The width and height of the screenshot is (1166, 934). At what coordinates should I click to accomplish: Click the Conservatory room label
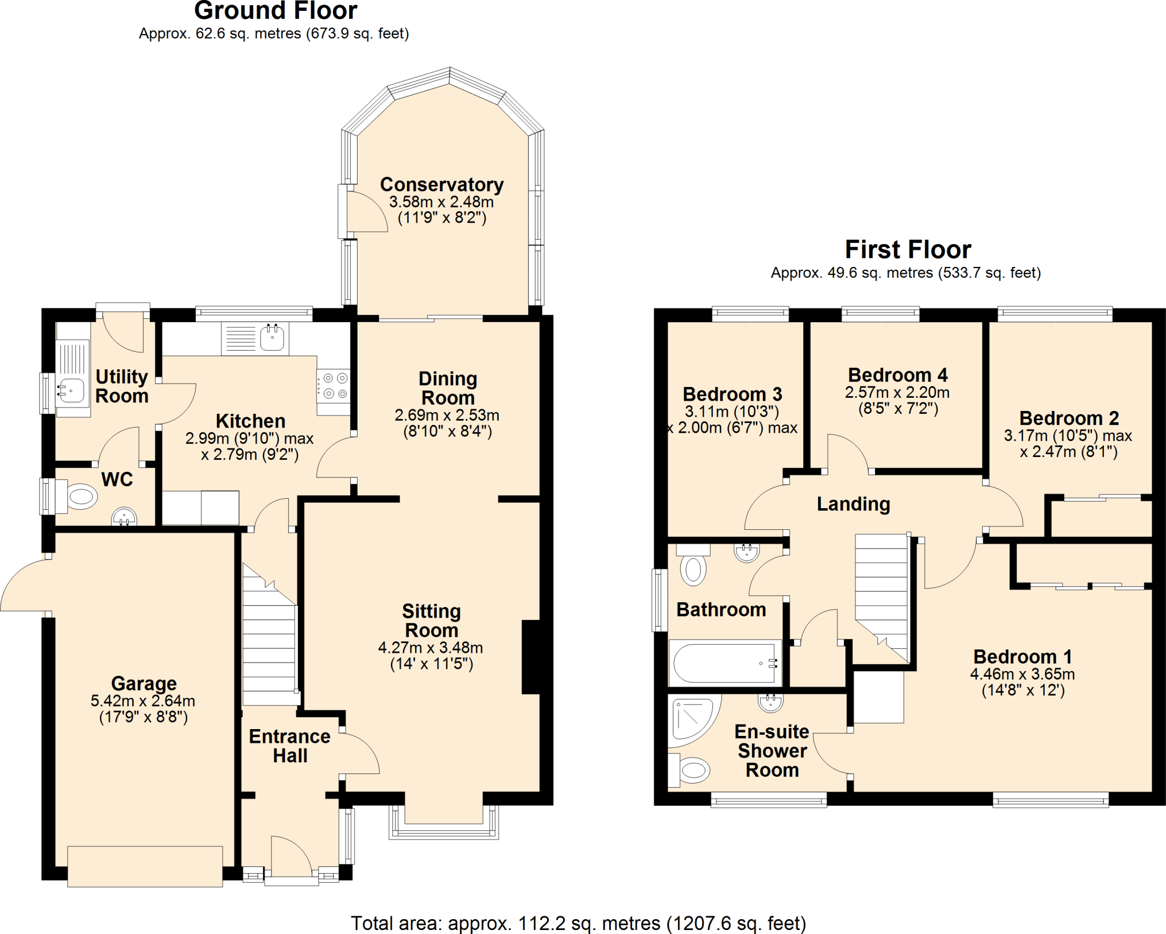[441, 185]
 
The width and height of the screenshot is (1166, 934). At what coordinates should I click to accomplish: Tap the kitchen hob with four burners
[334, 386]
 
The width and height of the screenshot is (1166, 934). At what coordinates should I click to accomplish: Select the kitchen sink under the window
[272, 338]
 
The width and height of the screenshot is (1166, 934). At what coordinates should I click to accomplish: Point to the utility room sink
[72, 390]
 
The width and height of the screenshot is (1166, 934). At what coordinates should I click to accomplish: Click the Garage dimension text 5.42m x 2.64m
[143, 701]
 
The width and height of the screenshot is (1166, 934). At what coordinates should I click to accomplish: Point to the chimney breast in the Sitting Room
[532, 657]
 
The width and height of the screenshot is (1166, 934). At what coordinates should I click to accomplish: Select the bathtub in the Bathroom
[724, 663]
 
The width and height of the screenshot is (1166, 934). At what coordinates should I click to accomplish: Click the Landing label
[853, 504]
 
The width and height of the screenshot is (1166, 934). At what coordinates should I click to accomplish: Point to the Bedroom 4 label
[897, 375]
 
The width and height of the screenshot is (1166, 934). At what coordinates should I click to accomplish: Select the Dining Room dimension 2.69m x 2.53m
[446, 415]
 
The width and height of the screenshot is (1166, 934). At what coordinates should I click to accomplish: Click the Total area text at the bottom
[578, 923]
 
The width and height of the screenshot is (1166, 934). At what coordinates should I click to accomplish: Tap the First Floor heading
[908, 249]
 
